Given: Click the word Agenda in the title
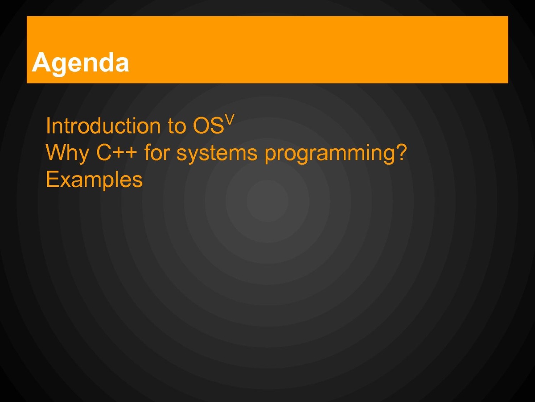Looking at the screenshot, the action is (80, 63).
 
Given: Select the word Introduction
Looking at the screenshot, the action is (103, 126).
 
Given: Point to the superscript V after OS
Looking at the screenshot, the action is (229, 120).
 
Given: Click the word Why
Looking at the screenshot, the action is (67, 154).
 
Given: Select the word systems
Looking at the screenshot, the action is (217, 154).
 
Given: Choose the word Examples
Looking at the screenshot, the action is (95, 180).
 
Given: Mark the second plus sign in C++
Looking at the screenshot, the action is (131, 153).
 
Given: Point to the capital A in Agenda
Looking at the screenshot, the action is (41, 62).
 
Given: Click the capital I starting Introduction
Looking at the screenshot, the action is (48, 126).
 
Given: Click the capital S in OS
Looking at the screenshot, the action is (216, 126).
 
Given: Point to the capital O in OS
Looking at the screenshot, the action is (201, 126).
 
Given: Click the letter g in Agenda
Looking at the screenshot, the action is (59, 67).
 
